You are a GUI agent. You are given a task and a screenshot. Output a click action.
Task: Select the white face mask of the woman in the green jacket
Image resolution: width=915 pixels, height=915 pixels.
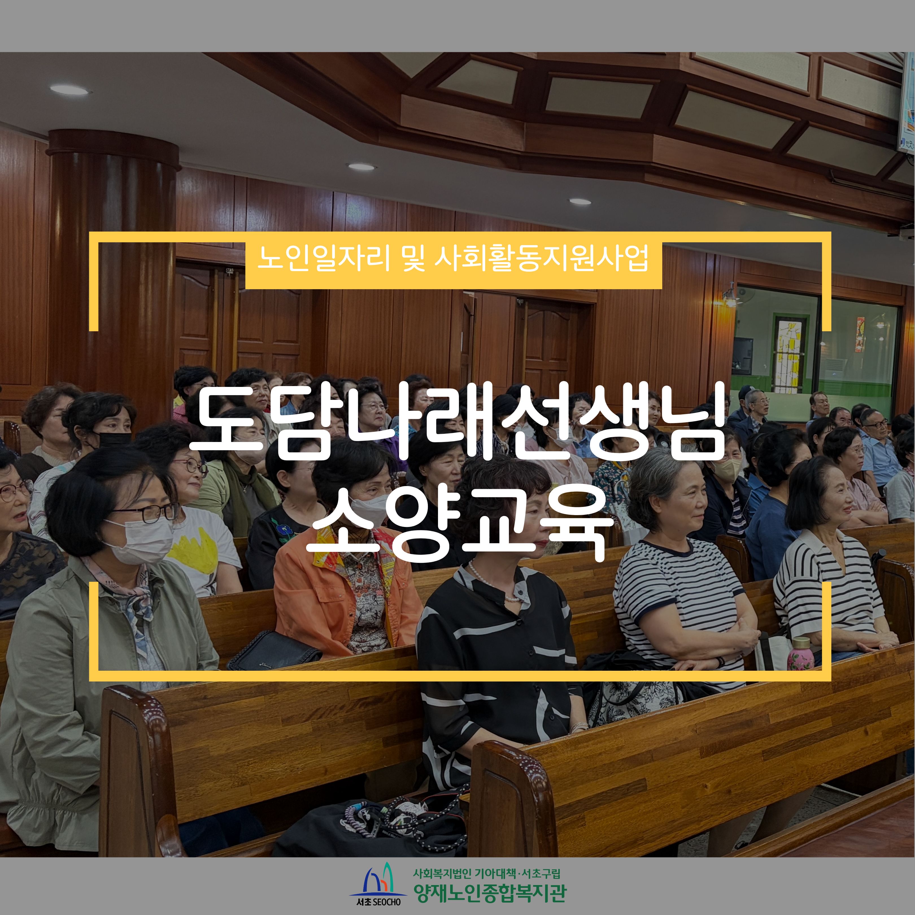tap(137, 540)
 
